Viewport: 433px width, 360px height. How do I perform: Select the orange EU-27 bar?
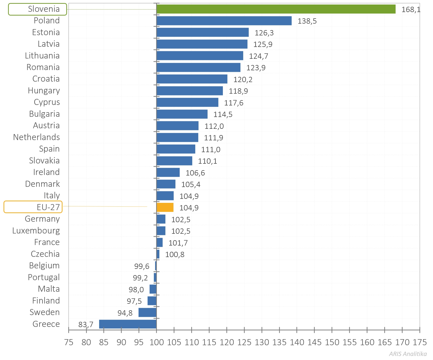[165, 207]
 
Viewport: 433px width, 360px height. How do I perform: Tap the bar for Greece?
[128, 324]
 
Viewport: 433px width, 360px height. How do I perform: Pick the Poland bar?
[224, 21]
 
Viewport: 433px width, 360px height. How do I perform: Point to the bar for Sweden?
[147, 312]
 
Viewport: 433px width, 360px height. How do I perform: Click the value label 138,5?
[307, 21]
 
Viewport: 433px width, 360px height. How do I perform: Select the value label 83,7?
[86, 325]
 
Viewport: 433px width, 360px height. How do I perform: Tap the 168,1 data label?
[411, 10]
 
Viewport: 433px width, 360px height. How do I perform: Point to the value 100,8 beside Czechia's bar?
[175, 255]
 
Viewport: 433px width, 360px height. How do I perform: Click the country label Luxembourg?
[36, 230]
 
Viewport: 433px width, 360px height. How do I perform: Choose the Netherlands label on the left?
[37, 137]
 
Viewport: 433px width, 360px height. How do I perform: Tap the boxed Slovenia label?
[38, 9]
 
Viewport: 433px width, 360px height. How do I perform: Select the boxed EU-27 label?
[33, 207]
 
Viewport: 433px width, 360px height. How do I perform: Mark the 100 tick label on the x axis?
[156, 342]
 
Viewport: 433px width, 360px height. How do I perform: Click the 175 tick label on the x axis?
[420, 342]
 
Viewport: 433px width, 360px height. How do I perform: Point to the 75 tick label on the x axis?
[69, 342]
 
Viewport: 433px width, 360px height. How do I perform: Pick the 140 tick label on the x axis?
[297, 342]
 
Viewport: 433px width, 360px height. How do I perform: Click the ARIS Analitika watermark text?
[408, 354]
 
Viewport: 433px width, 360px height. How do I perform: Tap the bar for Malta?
[153, 289]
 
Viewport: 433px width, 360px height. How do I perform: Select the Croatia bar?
[192, 79]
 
